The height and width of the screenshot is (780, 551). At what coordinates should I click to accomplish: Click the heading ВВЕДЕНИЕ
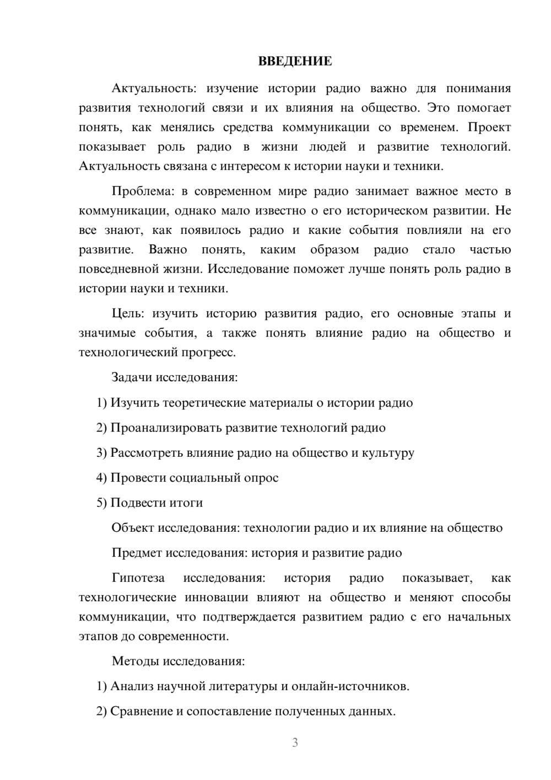click(295, 61)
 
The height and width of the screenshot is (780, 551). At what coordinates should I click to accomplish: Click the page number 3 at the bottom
click(295, 742)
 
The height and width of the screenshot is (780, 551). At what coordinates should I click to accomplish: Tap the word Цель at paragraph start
click(127, 314)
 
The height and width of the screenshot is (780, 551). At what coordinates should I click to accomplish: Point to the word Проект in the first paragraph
click(489, 127)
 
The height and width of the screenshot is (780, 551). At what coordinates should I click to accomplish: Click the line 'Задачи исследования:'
click(174, 378)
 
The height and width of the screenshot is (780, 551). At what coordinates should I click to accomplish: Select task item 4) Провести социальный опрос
click(187, 478)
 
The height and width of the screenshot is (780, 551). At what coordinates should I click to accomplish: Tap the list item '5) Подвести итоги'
click(149, 503)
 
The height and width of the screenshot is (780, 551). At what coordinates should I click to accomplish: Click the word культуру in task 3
click(388, 453)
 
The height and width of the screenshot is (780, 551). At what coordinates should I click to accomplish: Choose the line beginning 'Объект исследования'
click(306, 528)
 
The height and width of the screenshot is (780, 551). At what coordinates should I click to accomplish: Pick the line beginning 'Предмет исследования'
click(256, 553)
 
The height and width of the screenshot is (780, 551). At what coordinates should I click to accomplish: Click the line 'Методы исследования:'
click(178, 661)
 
